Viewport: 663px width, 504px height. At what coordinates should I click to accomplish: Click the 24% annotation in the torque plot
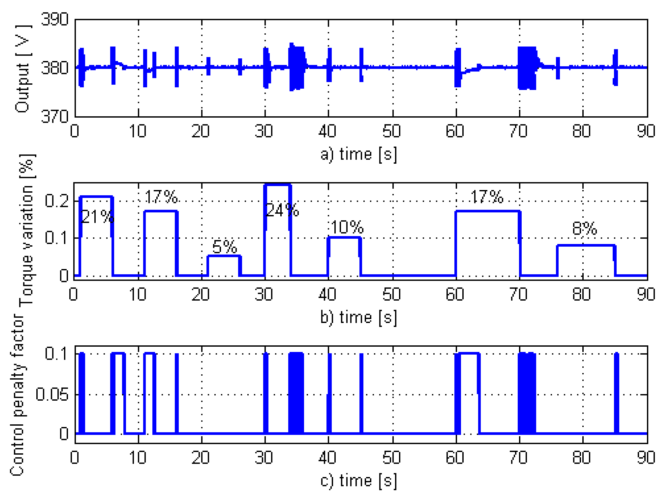click(282, 210)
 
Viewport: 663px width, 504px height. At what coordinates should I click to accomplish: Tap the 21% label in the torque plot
click(97, 217)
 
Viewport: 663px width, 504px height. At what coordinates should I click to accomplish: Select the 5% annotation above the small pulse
click(224, 247)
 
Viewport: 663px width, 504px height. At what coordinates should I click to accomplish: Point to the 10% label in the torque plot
click(347, 227)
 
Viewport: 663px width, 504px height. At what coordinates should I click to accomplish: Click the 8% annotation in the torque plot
click(584, 229)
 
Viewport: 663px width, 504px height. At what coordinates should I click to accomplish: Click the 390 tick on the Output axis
click(55, 19)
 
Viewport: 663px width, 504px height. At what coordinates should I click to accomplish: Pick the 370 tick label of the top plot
click(55, 117)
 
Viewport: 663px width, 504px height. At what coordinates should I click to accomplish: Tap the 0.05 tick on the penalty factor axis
click(52, 394)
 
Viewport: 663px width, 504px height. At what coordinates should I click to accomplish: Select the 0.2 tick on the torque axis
click(57, 201)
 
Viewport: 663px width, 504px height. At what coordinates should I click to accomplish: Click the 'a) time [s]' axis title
click(359, 155)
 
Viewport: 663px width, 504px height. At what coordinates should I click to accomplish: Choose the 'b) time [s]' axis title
click(359, 317)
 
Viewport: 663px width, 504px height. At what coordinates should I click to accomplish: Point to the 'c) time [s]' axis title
click(359, 481)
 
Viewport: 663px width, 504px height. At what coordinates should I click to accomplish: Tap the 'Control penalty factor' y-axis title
click(17, 395)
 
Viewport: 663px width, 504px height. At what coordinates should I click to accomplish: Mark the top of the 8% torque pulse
click(586, 246)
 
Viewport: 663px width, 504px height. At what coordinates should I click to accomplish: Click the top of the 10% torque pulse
click(344, 237)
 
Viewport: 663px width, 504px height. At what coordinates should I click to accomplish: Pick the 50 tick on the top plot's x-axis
click(391, 131)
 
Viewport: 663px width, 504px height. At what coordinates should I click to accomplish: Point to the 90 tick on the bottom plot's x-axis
click(646, 458)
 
